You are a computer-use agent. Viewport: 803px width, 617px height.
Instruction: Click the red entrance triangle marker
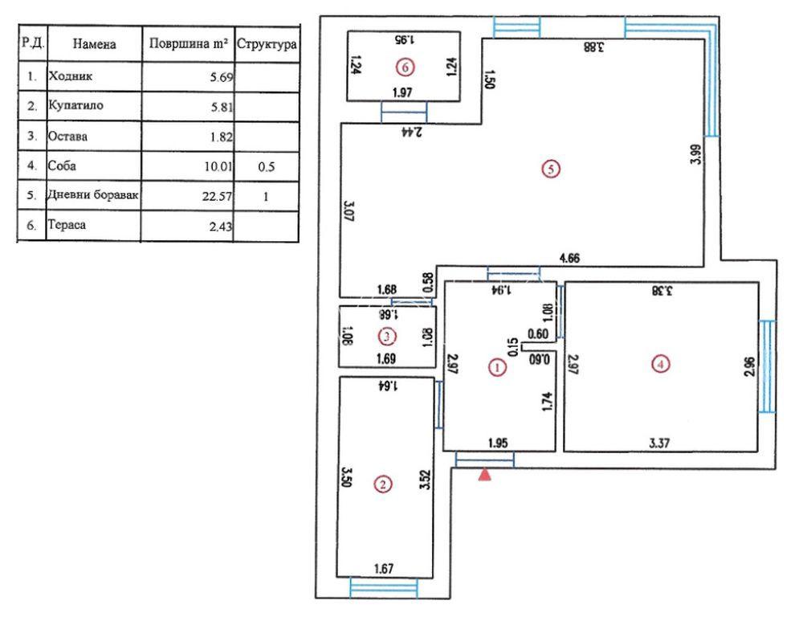point(484,475)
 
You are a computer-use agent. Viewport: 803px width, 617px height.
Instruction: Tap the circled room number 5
point(551,169)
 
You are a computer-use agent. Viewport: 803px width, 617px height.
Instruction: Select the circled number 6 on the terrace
point(405,67)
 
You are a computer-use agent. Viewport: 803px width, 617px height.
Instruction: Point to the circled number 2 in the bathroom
point(383,484)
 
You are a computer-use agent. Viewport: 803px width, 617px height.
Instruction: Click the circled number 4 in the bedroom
point(661,365)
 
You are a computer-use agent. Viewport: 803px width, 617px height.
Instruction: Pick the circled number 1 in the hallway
point(497,367)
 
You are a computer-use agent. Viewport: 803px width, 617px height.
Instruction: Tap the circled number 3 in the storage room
point(387,337)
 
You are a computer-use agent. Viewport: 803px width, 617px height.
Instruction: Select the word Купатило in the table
point(75,105)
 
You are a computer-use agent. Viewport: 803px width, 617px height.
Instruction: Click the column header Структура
point(267,44)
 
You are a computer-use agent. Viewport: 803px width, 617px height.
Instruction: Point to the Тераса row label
point(67,225)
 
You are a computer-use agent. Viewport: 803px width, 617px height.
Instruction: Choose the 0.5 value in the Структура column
point(267,166)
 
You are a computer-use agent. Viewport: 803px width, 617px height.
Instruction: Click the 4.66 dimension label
point(569,258)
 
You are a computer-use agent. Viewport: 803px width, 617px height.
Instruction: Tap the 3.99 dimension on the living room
point(696,153)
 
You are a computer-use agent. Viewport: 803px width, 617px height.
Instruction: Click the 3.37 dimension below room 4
point(659,443)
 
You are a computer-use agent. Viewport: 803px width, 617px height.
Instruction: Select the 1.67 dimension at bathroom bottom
point(384,568)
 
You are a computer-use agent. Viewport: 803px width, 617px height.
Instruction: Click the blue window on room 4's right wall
point(767,366)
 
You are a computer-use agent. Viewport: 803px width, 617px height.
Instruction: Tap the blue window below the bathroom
point(384,588)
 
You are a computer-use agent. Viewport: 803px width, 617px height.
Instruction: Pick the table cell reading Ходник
point(70,76)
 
